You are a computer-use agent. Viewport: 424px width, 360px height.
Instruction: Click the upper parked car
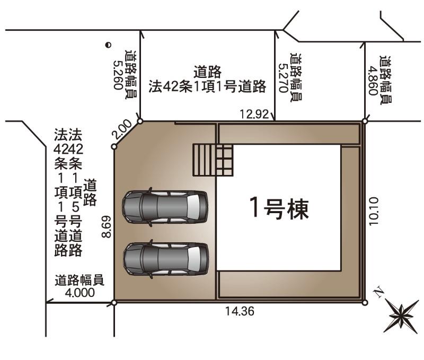165,207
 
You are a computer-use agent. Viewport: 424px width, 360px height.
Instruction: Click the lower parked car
166,259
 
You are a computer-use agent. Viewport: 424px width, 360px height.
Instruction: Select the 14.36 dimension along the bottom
240,311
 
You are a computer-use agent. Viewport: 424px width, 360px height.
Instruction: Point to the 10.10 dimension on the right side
374,211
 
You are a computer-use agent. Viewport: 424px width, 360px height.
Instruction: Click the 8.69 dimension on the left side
107,226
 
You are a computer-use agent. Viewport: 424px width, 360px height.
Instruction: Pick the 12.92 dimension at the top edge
254,114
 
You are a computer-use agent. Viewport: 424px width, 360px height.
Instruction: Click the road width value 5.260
118,75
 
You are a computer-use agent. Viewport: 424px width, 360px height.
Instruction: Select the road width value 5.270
284,78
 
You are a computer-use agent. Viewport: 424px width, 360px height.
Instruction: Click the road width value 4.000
80,293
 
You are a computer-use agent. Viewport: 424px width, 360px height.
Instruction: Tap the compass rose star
402,316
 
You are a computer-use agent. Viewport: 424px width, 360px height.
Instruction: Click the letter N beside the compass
378,293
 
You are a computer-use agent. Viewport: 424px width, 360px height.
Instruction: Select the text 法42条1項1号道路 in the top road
207,86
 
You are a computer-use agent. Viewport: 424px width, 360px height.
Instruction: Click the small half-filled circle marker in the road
108,45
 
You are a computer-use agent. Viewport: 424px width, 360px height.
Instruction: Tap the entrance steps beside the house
213,160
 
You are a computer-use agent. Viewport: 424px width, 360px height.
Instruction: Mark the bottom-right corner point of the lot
365,302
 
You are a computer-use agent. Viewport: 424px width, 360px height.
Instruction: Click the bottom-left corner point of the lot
114,302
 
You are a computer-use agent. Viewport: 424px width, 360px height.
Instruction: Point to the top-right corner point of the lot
365,121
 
